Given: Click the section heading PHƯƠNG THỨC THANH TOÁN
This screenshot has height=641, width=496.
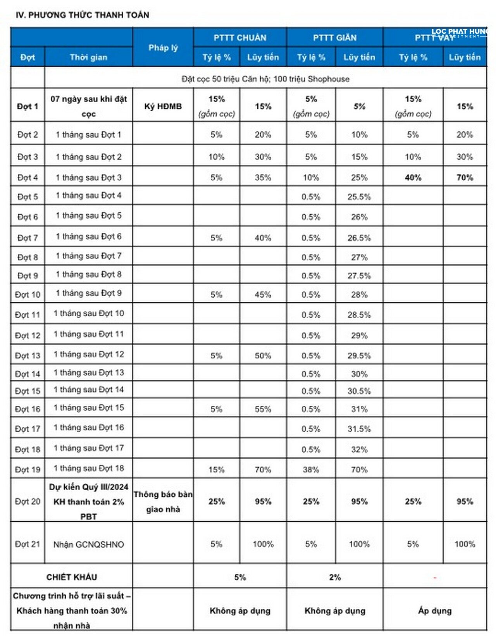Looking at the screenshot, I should point(82,15).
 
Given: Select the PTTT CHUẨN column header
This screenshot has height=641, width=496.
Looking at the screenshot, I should point(240,38).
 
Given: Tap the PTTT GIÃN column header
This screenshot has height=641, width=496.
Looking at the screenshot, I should point(335,38).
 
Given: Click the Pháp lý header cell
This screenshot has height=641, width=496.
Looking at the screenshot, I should point(163,48).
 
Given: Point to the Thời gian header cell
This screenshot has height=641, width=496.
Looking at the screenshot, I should point(88,57).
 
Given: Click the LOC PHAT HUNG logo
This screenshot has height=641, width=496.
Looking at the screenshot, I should point(460,33).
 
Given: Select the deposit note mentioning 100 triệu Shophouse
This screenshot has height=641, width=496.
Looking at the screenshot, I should point(265,79).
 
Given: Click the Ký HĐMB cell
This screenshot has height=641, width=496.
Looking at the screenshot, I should point(163,106).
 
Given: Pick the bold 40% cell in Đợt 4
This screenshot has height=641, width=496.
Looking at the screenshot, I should point(413,177).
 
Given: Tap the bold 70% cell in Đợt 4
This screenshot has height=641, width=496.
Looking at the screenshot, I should point(465,177).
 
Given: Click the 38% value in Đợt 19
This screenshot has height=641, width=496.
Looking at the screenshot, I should point(311,470).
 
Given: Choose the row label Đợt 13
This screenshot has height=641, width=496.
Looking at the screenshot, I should point(28,355).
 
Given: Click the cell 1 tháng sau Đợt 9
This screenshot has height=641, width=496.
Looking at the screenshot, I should point(89,293).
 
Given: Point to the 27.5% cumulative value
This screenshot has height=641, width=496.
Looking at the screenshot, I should point(359,276).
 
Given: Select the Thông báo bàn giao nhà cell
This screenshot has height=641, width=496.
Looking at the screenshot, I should point(163,501).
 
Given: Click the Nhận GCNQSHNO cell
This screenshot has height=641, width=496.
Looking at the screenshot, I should point(89,544).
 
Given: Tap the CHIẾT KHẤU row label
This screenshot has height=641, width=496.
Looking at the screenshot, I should point(72,577).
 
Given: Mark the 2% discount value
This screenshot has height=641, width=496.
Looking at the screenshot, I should point(335,577).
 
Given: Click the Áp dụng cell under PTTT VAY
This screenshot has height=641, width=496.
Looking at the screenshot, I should point(435,611).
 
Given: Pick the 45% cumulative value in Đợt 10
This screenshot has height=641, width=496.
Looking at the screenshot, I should point(263,295).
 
